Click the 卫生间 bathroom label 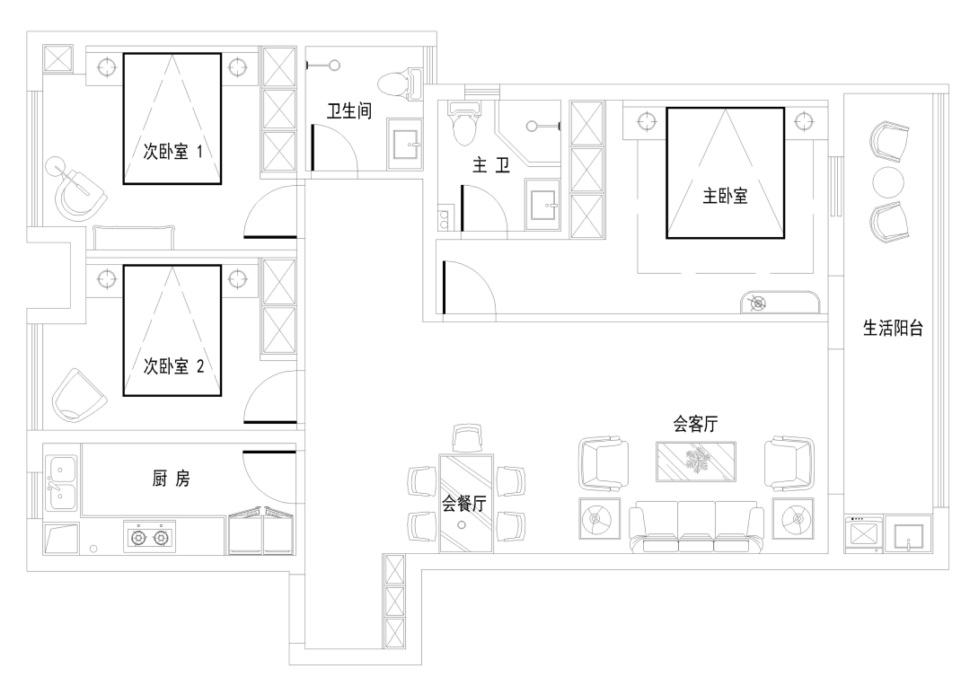click(x=349, y=111)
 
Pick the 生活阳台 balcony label click(x=893, y=329)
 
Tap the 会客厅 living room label click(x=694, y=423)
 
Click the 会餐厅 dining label click(x=464, y=504)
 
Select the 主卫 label click(x=490, y=165)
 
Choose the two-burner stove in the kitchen click(x=150, y=538)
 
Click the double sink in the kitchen click(x=62, y=482)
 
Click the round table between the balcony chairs click(x=888, y=180)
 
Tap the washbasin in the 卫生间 click(x=410, y=144)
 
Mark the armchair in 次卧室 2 click(x=80, y=396)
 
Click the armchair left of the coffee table click(x=604, y=462)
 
